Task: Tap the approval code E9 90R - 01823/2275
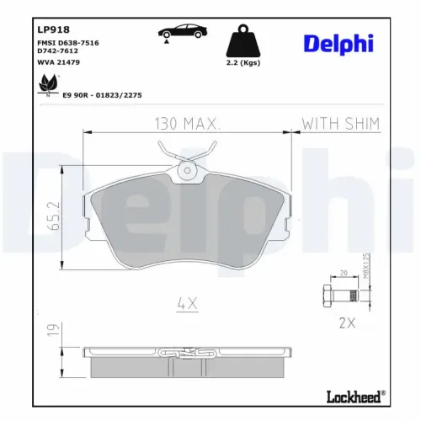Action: coord(101,95)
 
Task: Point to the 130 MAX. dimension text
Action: coord(187,124)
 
